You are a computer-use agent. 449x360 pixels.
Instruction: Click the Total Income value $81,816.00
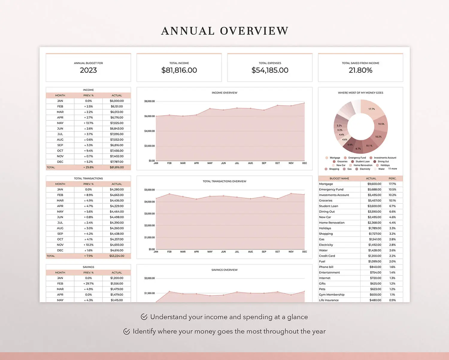click(x=179, y=70)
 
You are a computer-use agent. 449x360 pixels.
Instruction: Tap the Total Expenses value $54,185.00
click(x=270, y=70)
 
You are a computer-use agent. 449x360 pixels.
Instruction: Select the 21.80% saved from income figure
click(x=360, y=70)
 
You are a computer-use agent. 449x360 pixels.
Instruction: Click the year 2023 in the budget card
click(x=88, y=70)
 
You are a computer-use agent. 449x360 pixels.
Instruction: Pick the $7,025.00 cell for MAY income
click(x=117, y=123)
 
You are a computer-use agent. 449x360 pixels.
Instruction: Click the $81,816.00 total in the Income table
click(x=117, y=167)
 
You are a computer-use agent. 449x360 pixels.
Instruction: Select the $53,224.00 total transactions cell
click(x=117, y=256)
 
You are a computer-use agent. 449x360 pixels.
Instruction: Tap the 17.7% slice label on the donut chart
click(x=371, y=109)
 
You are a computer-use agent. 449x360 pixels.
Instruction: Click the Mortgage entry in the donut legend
click(x=335, y=158)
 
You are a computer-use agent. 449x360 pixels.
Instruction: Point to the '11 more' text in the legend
click(x=392, y=169)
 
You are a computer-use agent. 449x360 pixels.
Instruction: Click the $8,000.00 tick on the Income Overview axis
click(x=149, y=101)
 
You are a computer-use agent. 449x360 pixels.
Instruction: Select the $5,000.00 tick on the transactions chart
click(x=149, y=190)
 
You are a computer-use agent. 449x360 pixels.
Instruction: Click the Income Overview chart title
click(x=224, y=93)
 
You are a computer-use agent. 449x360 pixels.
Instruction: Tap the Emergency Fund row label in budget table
click(x=331, y=190)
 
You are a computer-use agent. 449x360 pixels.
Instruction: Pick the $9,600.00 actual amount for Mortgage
click(x=374, y=184)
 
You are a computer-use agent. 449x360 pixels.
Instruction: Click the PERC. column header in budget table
click(x=392, y=179)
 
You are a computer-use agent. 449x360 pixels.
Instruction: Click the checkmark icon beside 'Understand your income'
click(x=144, y=317)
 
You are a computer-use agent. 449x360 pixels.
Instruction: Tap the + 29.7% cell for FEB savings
click(x=88, y=284)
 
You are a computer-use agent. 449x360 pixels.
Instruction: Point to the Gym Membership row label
click(x=332, y=295)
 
